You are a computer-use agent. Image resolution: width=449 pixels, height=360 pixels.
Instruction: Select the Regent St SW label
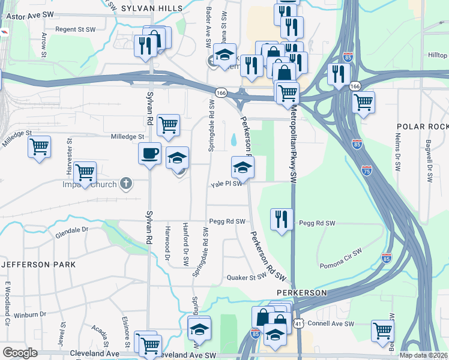(x=76, y=29)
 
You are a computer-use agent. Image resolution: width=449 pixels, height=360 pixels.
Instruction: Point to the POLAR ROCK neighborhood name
(x=423, y=127)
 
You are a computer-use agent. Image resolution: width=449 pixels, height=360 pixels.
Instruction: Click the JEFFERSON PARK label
(x=38, y=264)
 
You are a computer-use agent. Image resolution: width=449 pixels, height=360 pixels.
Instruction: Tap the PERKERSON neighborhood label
(x=301, y=292)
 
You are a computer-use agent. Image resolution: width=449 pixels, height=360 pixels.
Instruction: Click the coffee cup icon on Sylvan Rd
(x=149, y=152)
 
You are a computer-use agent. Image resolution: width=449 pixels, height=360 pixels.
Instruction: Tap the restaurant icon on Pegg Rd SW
(x=281, y=219)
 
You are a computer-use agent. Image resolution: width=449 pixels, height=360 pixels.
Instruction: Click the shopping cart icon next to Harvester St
(x=85, y=172)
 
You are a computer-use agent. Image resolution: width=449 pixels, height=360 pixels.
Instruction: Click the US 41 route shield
(x=298, y=323)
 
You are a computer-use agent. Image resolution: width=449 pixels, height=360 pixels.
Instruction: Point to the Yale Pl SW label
(x=226, y=185)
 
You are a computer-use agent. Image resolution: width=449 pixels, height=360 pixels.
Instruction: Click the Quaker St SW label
(x=246, y=277)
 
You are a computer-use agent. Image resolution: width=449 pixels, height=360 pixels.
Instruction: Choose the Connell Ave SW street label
(x=330, y=323)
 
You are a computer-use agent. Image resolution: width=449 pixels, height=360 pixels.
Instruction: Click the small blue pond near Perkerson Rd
(x=233, y=140)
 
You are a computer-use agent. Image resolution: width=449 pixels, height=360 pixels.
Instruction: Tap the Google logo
(x=20, y=353)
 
